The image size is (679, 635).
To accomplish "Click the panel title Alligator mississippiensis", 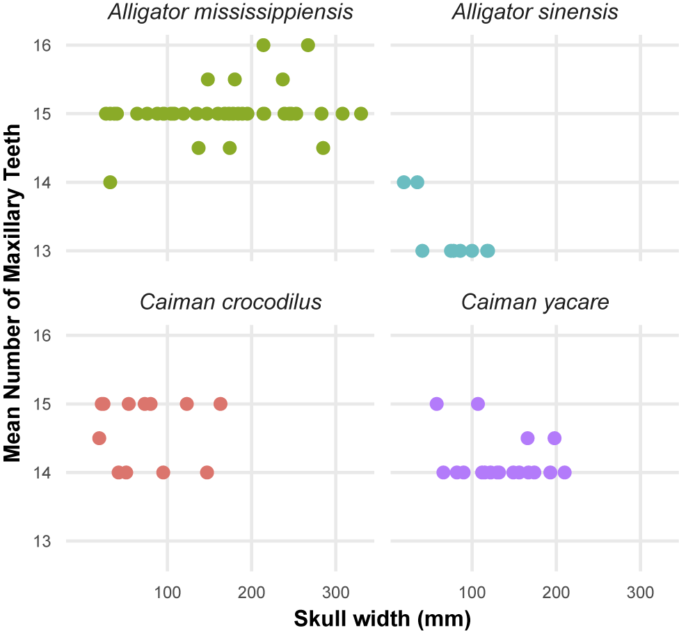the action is (x=230, y=12).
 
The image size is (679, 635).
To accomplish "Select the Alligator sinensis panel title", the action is (x=535, y=12).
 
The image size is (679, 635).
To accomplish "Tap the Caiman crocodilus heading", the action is (x=230, y=302).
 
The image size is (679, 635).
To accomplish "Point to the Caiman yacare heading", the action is (x=535, y=302).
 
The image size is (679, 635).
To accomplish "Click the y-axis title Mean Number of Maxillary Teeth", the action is (x=12, y=293).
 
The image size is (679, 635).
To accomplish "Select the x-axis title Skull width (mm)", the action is (x=383, y=619).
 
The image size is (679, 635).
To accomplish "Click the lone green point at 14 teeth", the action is (x=111, y=182).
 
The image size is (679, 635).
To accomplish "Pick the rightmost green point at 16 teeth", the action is (x=308, y=45).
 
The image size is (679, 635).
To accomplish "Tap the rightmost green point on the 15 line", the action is (x=361, y=114).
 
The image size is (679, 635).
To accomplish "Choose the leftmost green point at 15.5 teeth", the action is (x=208, y=80).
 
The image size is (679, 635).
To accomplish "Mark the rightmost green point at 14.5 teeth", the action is (x=323, y=148).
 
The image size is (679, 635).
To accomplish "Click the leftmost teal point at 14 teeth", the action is (x=404, y=182).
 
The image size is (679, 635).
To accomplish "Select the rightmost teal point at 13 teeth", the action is (x=488, y=250).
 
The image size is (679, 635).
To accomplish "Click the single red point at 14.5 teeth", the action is (x=99, y=438).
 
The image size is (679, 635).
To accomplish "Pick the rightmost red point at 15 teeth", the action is (x=221, y=404).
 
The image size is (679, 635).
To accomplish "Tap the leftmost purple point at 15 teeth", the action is (x=436, y=404).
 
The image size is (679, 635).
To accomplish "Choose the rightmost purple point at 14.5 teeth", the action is (x=554, y=438).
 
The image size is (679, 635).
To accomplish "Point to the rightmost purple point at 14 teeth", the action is (x=565, y=472).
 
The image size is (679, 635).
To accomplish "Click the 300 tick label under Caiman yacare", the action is (x=640, y=592).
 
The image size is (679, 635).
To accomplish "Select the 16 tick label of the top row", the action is (x=42, y=45).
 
